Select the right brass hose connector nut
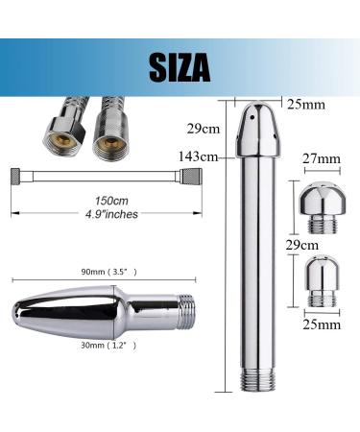pos(102,138)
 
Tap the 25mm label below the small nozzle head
pos(321,324)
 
